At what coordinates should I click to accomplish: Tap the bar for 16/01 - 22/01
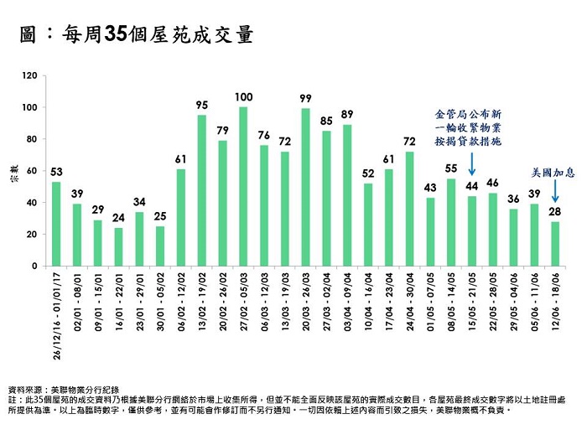coord(118,246)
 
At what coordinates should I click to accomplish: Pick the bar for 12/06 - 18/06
coord(554,243)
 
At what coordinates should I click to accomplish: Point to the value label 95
coord(201,105)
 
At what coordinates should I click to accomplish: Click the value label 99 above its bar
coord(305,98)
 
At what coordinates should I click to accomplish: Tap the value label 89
coord(347,114)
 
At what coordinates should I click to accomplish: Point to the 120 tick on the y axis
coord(30,76)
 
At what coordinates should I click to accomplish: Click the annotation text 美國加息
coord(553,172)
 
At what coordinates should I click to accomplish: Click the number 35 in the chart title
coord(115,35)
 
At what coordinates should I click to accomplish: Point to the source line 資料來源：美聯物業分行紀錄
coord(64,390)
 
